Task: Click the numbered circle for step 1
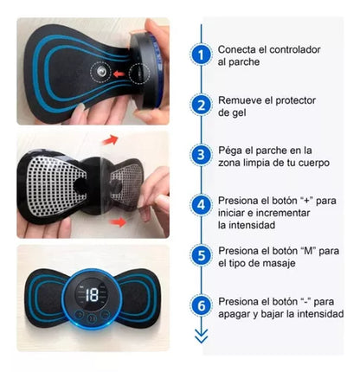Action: (x=201, y=55)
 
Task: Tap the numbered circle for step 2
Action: (x=201, y=106)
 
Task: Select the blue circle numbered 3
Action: (x=201, y=156)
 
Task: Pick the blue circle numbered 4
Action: (x=201, y=206)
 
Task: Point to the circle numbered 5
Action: (x=201, y=256)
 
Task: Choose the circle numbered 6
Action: (x=201, y=306)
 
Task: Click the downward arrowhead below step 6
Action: (x=201, y=338)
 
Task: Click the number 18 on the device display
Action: (x=91, y=294)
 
